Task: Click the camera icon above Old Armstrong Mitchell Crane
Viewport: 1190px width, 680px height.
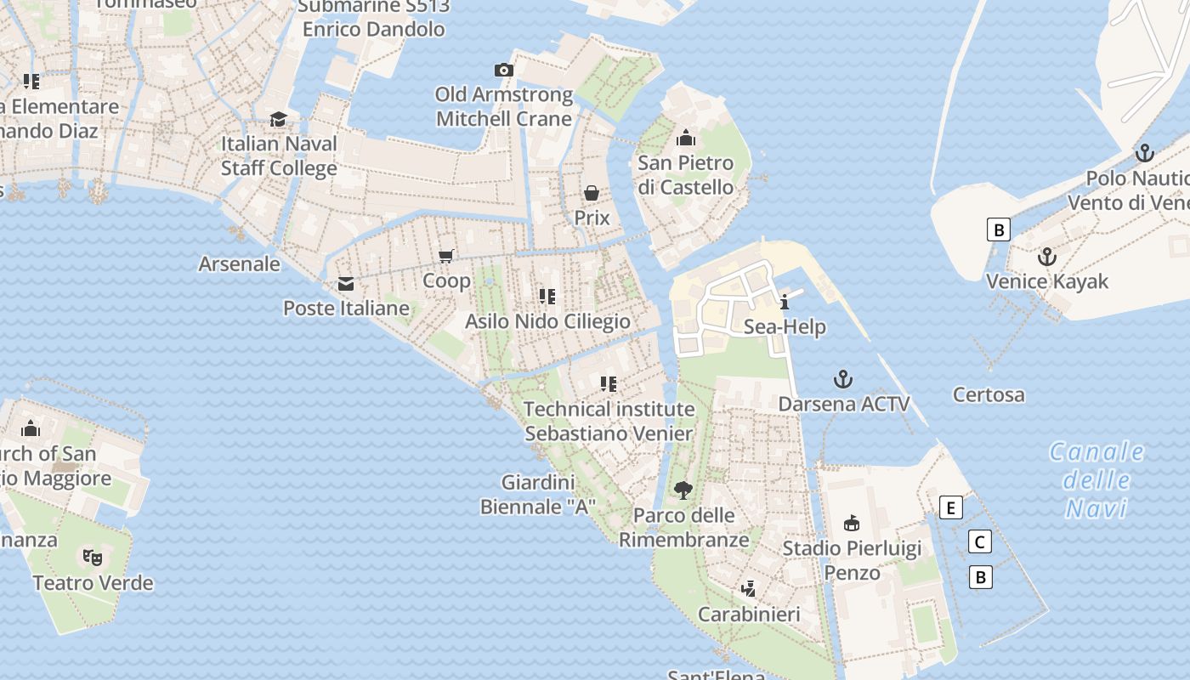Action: (x=504, y=70)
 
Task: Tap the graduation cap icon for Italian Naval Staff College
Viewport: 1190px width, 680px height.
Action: (x=278, y=119)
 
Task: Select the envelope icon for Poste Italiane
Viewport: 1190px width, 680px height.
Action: (x=346, y=284)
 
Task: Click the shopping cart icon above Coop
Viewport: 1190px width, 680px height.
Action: (x=446, y=256)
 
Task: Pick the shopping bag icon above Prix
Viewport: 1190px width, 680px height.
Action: (x=592, y=193)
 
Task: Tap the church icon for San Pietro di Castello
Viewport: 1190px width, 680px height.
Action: (x=685, y=138)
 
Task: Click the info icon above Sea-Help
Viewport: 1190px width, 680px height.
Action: (x=784, y=302)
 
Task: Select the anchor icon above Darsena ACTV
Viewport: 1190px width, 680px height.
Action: (x=843, y=379)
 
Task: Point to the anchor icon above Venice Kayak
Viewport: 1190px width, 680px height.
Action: (x=1047, y=257)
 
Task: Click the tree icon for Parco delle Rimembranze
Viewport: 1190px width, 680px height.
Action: (x=683, y=490)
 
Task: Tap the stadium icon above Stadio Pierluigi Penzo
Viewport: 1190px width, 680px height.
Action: (x=851, y=523)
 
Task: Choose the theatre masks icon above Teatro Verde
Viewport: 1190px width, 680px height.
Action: (x=93, y=558)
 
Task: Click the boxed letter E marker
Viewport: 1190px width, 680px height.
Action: (x=951, y=508)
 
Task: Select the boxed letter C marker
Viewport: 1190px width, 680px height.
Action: (x=980, y=541)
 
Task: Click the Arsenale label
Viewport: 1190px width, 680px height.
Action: (x=239, y=263)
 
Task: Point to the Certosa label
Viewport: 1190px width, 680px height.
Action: (x=989, y=394)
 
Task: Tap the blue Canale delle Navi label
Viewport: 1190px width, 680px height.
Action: (x=1096, y=479)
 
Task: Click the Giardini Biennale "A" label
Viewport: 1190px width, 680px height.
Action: (x=538, y=495)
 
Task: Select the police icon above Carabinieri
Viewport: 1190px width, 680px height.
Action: (x=749, y=588)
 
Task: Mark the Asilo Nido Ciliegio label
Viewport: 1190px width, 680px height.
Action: (x=547, y=321)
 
